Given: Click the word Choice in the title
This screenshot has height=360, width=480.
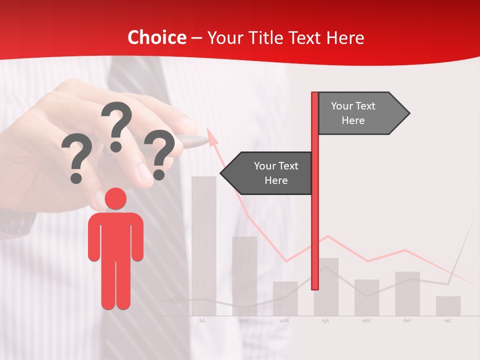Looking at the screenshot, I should coord(156,38).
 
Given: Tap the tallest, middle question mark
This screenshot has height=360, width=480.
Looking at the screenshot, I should coord(116,125).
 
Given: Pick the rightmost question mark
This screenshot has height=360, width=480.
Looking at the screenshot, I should coord(159,154).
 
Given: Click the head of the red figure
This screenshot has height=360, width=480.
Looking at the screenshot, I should coord(115,199).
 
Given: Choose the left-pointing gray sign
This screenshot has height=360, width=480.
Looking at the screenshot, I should coord(268,173).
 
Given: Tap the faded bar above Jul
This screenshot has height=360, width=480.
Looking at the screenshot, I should coord(203,245).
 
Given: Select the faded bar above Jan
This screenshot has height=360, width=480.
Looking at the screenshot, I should coord(448,306).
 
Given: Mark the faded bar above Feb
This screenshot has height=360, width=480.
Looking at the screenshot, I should coord(407,293).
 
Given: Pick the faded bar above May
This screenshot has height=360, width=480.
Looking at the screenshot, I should coord(285,298).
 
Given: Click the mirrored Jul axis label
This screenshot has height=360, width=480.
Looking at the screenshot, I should coord(202,320).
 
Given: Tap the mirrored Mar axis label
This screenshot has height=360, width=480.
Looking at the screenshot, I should coord(366,320).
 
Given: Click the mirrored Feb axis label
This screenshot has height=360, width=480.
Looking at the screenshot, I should coord(406,320).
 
